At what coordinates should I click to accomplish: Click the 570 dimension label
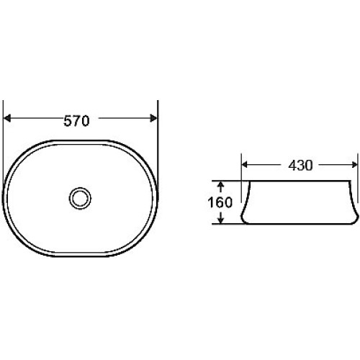[x=76, y=121]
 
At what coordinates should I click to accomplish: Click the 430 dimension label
[x=300, y=166]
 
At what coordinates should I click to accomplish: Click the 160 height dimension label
[x=220, y=202]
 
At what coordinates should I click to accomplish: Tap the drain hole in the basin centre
[x=80, y=199]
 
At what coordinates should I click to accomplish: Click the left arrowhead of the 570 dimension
[x=7, y=118]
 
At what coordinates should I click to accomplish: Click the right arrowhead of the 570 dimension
[x=153, y=118]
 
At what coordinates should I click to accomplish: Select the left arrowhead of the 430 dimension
[x=245, y=165]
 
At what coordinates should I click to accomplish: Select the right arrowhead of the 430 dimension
[x=354, y=165]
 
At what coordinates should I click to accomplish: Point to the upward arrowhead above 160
[x=221, y=184]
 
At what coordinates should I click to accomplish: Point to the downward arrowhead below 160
[x=221, y=220]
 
